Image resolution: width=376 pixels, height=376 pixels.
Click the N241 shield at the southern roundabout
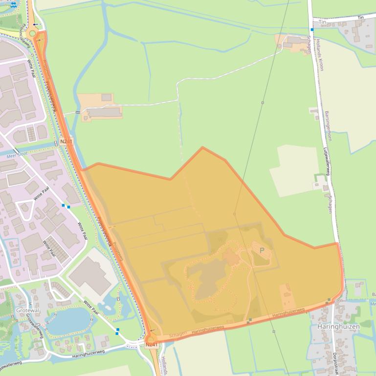click(152, 344)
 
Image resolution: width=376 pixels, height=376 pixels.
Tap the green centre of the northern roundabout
click(33, 33)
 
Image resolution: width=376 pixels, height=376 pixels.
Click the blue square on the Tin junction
click(311, 29)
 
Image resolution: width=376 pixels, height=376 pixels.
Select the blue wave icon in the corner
click(13, 3)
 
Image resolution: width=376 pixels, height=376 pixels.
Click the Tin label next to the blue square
click(322, 22)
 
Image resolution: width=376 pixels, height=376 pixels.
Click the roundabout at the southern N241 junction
click(151, 337)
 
